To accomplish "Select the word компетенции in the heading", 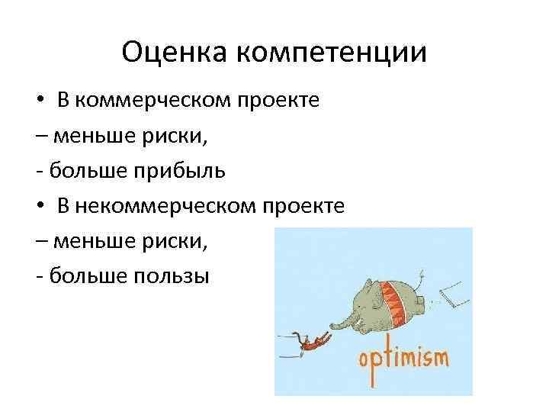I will (331, 54).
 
